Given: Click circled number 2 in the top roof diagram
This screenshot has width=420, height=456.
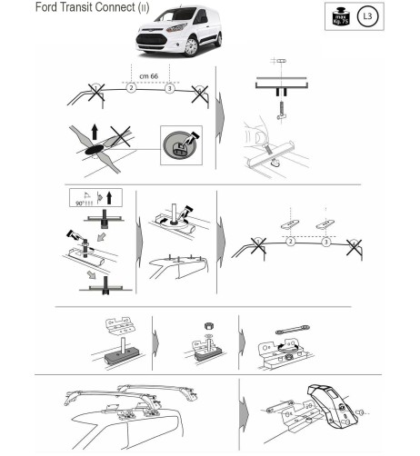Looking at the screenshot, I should coord(131,88).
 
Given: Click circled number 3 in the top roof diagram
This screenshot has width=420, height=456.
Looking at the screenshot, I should coord(169,88).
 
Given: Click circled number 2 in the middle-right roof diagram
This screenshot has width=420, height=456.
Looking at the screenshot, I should coord(290,243).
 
